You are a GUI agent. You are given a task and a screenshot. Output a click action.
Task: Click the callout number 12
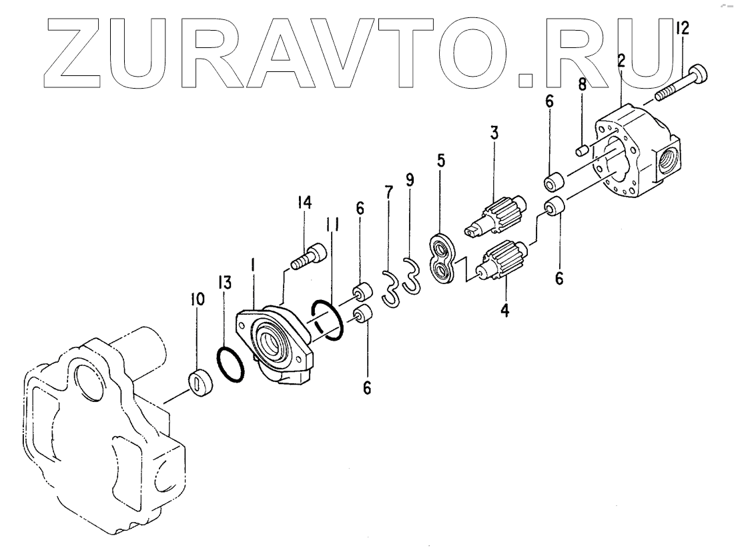(x=683, y=28)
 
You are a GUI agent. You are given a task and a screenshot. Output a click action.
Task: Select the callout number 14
(x=305, y=203)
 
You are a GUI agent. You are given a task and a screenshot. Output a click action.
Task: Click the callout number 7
(x=388, y=193)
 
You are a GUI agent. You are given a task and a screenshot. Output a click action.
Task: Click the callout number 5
(x=441, y=161)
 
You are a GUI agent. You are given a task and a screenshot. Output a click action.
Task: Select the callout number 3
(x=494, y=132)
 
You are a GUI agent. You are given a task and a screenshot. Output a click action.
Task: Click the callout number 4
(x=505, y=310)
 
